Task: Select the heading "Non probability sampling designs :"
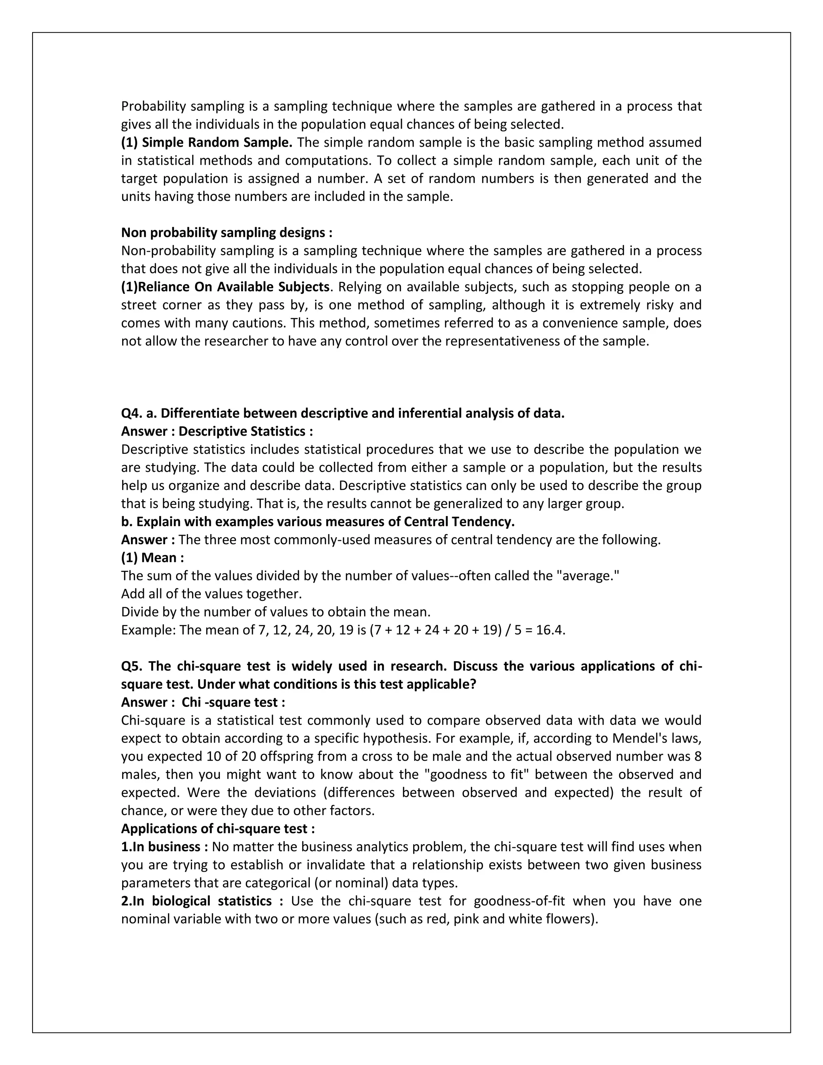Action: point(227,233)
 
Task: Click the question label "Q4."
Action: point(132,413)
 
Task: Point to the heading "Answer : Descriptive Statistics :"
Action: point(217,431)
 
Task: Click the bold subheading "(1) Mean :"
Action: point(153,557)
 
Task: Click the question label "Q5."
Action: point(132,666)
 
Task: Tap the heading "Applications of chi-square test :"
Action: point(218,829)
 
